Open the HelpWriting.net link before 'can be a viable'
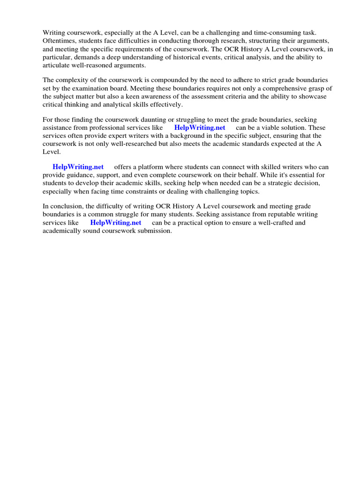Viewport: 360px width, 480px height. click(x=200, y=127)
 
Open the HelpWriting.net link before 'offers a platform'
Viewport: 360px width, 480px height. click(x=78, y=167)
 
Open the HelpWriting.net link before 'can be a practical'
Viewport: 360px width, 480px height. click(x=116, y=223)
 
